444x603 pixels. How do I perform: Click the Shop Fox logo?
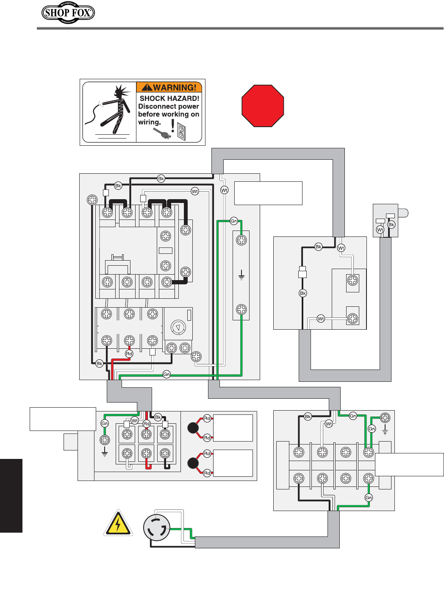(68, 13)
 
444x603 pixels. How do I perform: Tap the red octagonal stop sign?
(263, 106)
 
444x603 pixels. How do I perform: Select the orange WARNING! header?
(169, 87)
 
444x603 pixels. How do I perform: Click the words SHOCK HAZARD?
(169, 98)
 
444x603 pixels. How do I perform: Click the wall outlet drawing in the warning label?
(181, 132)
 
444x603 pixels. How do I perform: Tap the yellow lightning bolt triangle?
(118, 524)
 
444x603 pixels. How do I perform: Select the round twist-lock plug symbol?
(157, 528)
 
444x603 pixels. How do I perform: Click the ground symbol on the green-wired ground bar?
(241, 277)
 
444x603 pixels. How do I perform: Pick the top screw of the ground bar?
(241, 240)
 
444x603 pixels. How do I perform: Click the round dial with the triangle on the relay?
(178, 328)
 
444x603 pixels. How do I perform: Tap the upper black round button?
(193, 428)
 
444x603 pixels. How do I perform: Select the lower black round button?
(193, 463)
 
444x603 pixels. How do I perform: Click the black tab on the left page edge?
(11, 495)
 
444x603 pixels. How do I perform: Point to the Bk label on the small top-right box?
(391, 225)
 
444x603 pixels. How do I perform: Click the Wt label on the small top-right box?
(380, 230)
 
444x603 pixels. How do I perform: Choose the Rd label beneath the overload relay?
(129, 353)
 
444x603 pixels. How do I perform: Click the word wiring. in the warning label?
(150, 122)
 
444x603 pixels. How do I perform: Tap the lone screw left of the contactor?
(92, 200)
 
